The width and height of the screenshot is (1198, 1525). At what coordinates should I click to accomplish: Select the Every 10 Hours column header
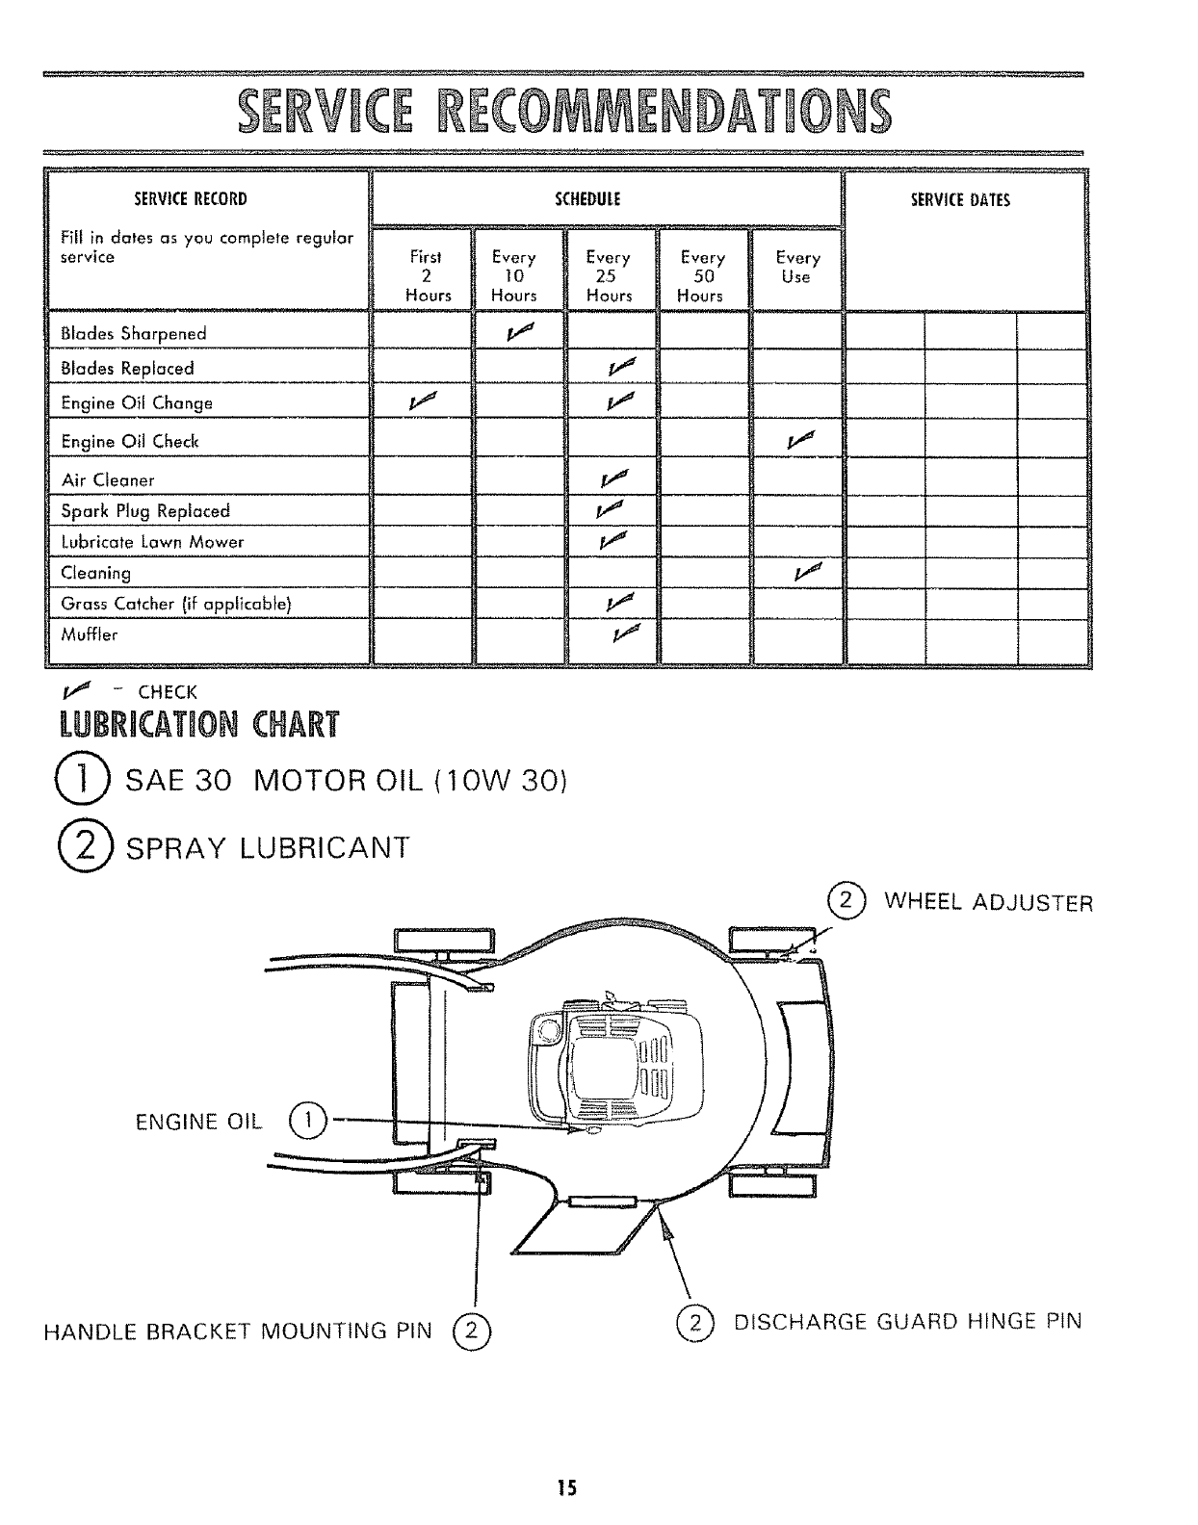click(513, 276)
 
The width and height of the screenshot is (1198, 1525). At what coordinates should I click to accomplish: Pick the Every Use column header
click(797, 268)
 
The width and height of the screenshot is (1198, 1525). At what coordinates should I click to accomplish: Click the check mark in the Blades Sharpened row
click(519, 333)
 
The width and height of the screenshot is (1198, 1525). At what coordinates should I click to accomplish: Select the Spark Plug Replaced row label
click(145, 511)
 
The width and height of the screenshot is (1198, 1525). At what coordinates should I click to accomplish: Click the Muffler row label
click(90, 634)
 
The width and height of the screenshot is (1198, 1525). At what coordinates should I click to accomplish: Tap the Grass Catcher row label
click(175, 604)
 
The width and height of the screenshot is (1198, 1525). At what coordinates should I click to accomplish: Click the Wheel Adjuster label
click(988, 903)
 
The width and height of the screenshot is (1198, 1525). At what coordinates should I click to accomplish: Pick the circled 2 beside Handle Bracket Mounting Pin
click(471, 1333)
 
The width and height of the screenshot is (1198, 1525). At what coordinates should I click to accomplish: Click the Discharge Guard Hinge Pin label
click(907, 1321)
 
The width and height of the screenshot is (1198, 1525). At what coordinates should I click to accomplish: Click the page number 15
click(566, 1488)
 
